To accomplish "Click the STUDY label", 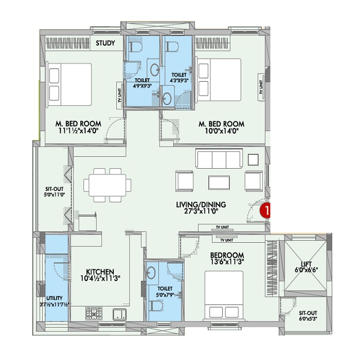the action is [x=105, y=43].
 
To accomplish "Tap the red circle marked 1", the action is [x=265, y=210].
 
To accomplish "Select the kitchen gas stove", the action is [x=94, y=314].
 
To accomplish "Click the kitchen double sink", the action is [x=119, y=314].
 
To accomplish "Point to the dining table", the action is [x=107, y=185].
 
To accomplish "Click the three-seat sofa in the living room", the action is [x=219, y=158].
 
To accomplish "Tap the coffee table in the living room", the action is [x=219, y=183].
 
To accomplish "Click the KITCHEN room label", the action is [x=100, y=272].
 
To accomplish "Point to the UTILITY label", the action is [x=55, y=298].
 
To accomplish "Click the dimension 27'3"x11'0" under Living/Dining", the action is [x=201, y=211].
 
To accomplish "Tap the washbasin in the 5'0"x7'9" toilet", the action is [x=151, y=273].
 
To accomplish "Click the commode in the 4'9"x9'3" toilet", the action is [x=136, y=47].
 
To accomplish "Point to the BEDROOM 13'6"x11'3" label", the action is [x=227, y=258].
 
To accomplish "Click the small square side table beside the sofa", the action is [x=253, y=159].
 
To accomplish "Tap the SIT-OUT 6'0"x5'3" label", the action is [x=308, y=316].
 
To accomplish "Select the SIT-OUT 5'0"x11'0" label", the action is [x=54, y=192].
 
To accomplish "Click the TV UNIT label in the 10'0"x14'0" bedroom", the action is [x=261, y=87].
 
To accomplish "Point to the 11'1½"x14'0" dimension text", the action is [x=79, y=131].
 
